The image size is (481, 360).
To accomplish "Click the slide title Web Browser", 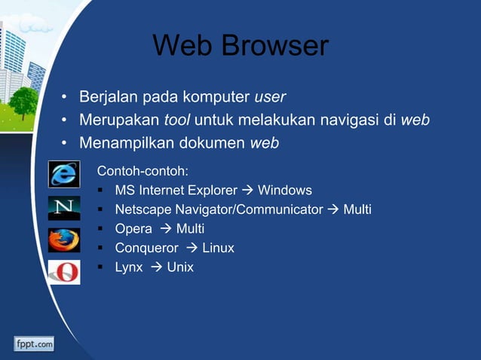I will [240, 46].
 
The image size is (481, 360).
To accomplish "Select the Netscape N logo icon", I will [64, 208].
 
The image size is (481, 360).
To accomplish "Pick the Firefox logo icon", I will [64, 239].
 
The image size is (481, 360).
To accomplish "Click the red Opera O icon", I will [64, 271].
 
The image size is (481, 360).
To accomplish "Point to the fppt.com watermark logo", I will [33, 344].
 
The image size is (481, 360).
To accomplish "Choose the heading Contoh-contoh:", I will [142, 171].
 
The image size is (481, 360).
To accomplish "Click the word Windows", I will [285, 190].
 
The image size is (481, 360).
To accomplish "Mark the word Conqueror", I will [146, 248].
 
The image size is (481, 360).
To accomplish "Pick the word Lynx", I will [128, 267].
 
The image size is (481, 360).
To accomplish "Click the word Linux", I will [218, 248].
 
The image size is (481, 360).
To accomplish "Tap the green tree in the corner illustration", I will [23, 102].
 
